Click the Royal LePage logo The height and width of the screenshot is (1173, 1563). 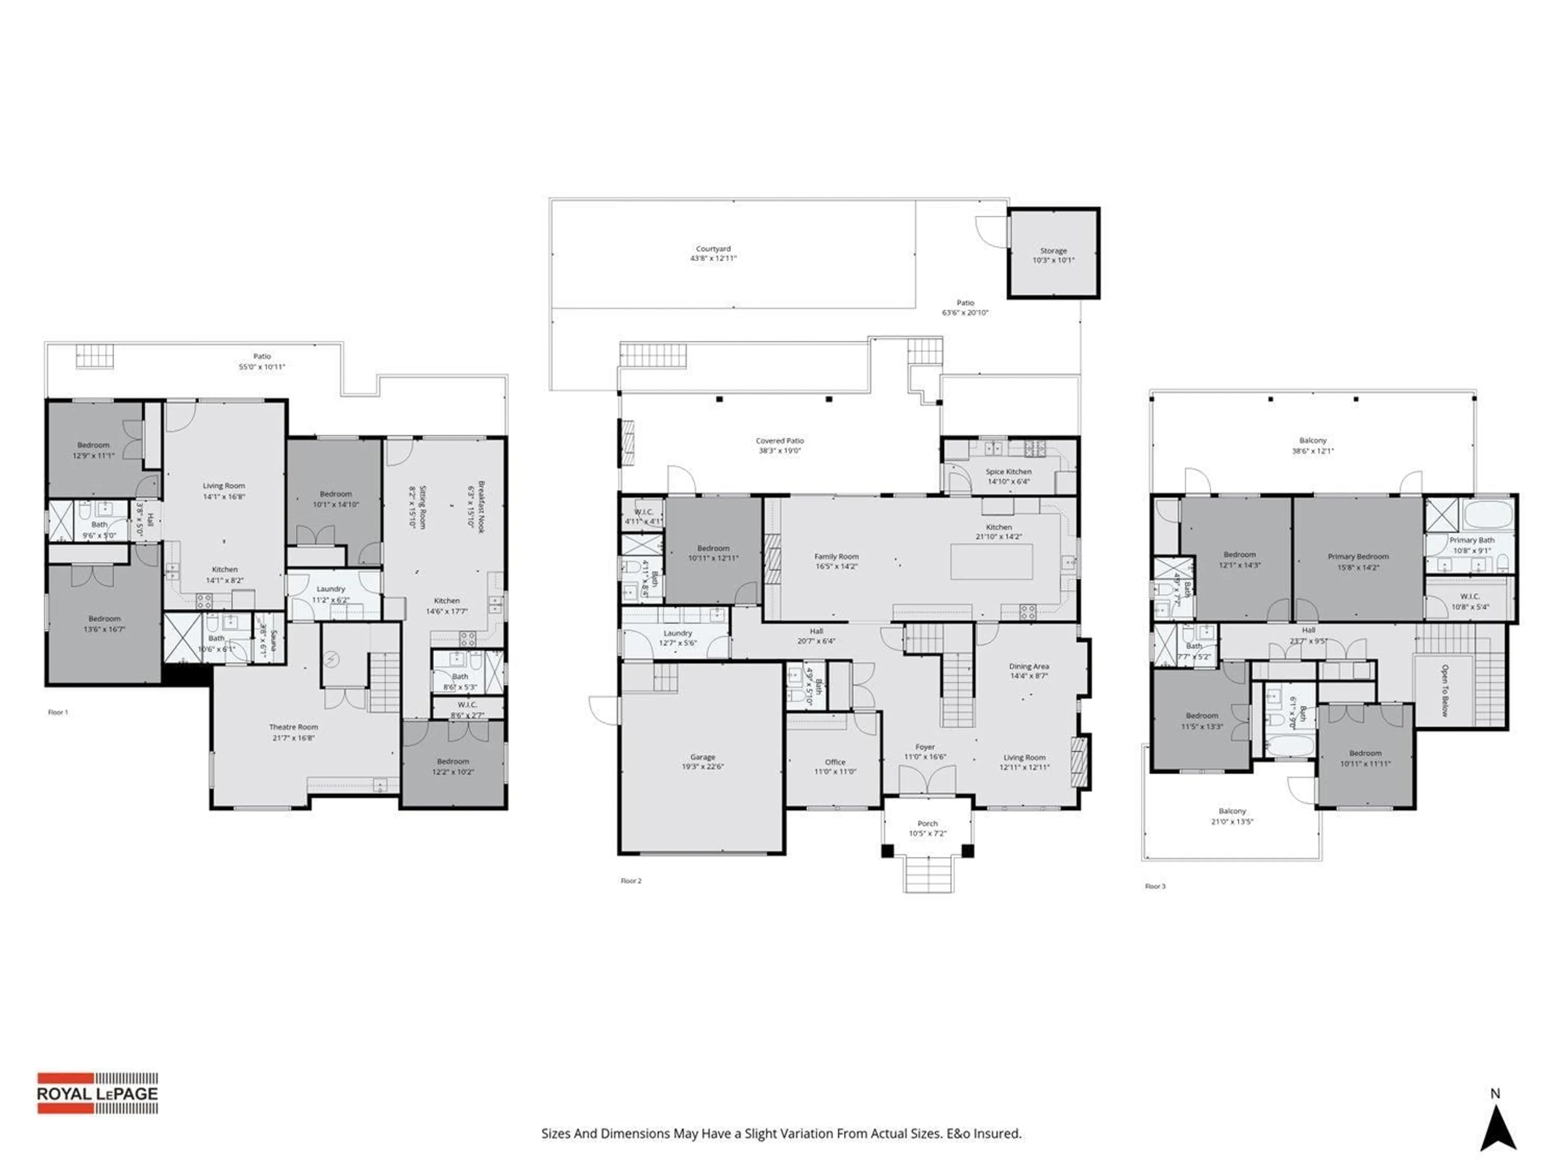coord(98,1093)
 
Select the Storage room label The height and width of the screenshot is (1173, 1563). coord(1053,251)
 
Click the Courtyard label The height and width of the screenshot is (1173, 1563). coord(713,249)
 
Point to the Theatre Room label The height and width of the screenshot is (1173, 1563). coord(293,727)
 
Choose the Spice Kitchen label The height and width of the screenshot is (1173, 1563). coord(1008,472)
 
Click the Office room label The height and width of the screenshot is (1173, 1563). coord(834,762)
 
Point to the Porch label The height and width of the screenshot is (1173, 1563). coord(927,824)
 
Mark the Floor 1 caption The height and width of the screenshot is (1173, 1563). coord(58,713)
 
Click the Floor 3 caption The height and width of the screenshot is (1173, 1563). coord(1155,886)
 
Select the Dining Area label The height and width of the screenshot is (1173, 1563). coord(1029,667)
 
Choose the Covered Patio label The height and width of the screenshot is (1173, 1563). coord(779,441)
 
